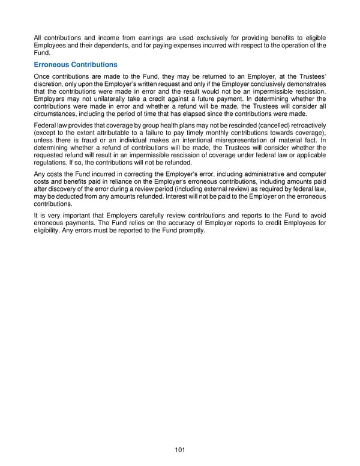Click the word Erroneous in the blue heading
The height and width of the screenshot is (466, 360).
[x=55, y=64]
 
